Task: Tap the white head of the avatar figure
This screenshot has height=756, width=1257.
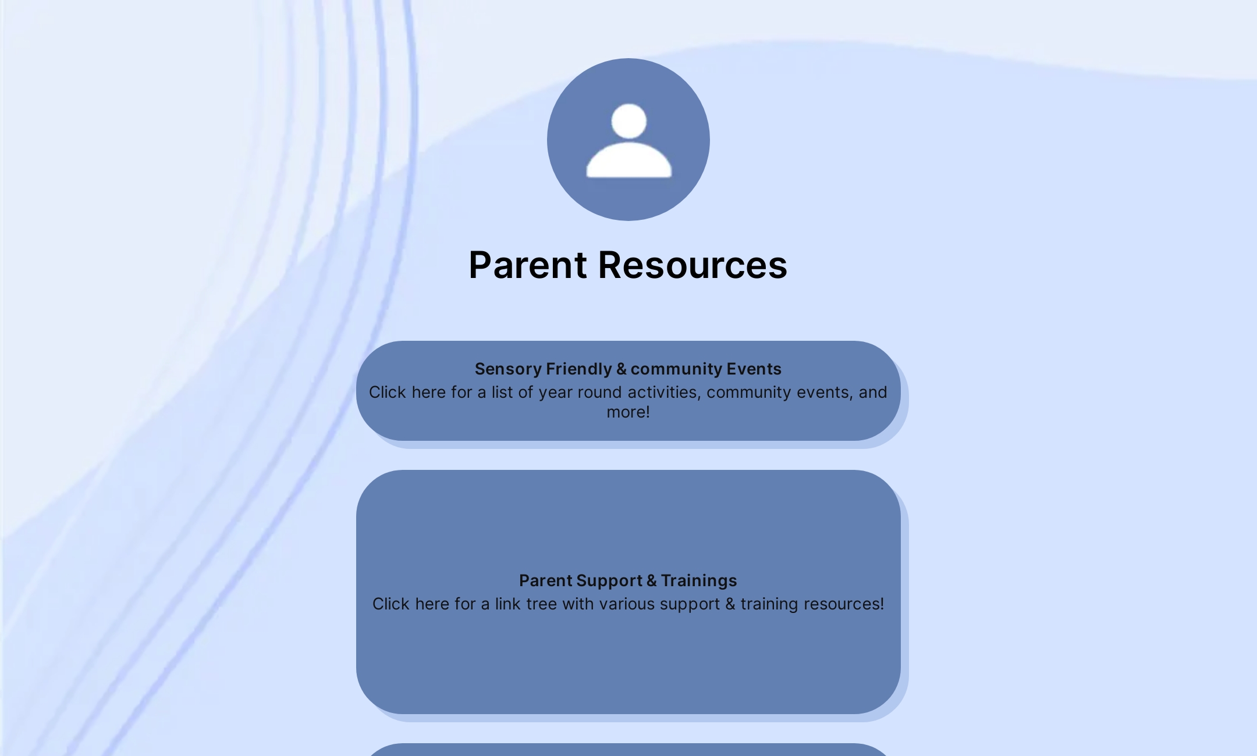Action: [x=628, y=121]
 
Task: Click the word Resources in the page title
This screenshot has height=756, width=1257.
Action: [x=693, y=265]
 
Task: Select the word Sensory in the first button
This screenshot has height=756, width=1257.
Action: [x=508, y=369]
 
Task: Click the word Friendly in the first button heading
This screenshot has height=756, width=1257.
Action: [x=578, y=369]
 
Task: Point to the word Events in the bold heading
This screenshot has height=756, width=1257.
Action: [x=754, y=369]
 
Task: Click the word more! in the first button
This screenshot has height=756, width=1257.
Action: [x=628, y=412]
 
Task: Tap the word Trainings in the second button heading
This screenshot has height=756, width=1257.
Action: [x=699, y=580]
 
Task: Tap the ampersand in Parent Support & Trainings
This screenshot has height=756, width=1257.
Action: [x=651, y=580]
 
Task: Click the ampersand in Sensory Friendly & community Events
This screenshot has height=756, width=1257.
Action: [x=621, y=369]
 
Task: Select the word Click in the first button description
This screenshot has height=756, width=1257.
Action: [x=387, y=393]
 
